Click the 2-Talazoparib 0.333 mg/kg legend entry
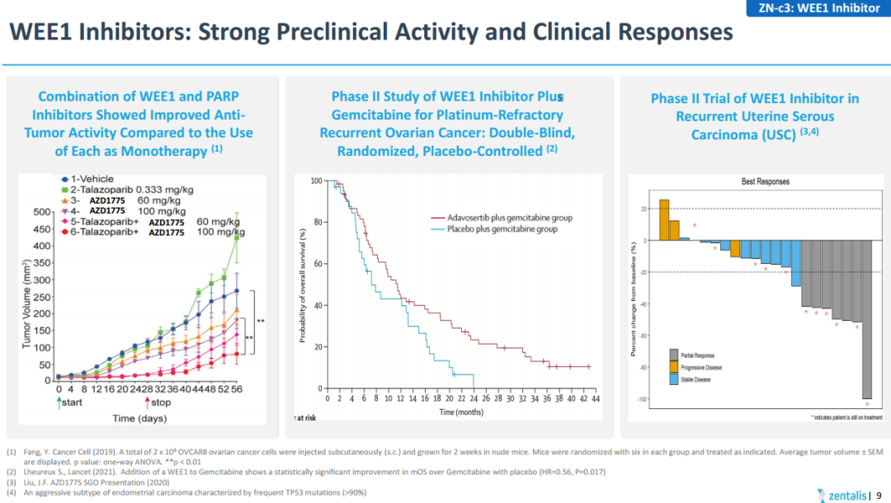point(129,190)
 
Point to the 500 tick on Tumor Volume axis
point(42,213)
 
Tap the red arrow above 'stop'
point(147,402)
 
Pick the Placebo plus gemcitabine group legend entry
point(499,229)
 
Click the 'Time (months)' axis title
point(461,411)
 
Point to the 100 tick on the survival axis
point(316,181)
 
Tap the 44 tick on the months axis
point(596,398)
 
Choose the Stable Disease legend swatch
point(674,379)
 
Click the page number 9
point(879,495)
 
